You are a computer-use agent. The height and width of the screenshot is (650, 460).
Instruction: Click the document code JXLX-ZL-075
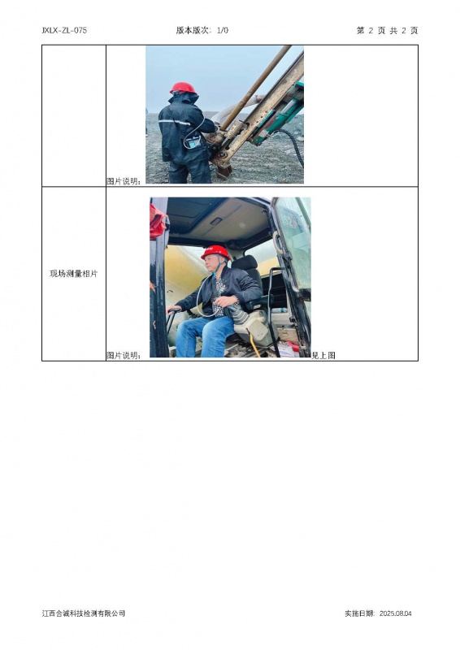tap(64, 30)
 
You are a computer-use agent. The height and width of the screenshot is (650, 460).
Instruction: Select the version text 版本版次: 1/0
tap(202, 30)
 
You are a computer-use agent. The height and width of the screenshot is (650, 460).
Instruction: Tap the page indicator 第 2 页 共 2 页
tap(387, 30)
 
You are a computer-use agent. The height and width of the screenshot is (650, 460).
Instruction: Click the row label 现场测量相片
tap(74, 274)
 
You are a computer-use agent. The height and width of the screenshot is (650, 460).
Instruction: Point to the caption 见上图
tap(323, 355)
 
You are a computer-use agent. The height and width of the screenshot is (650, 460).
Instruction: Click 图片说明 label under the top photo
tap(124, 181)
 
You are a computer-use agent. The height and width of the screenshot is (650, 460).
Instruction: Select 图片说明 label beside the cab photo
tap(124, 355)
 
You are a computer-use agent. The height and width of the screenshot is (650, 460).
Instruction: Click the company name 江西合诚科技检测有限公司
tap(84, 613)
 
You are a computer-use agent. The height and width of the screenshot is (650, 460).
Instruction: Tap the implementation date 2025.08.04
tap(395, 613)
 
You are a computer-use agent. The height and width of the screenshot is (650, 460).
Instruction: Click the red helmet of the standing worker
tap(183, 88)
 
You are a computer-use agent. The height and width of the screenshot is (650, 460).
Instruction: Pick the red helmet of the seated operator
tap(215, 252)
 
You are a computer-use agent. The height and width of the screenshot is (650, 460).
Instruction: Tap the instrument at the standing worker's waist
tap(193, 142)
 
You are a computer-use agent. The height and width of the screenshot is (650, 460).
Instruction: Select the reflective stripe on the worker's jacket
tap(174, 122)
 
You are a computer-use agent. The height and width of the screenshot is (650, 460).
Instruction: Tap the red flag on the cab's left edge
tap(158, 221)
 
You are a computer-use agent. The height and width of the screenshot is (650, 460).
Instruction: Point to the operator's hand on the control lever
tap(173, 310)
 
